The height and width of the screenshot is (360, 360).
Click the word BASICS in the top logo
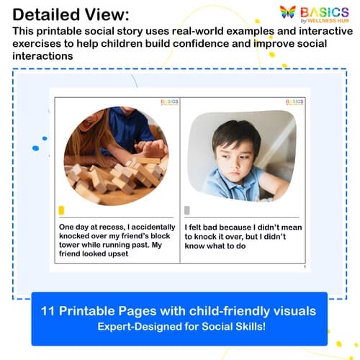click(x=325, y=12)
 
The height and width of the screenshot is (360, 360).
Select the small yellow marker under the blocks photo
click(x=61, y=210)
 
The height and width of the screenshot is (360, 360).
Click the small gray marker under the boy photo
click(x=187, y=210)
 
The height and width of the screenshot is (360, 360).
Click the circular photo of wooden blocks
click(x=115, y=156)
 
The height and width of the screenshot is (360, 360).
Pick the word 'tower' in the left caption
click(x=73, y=244)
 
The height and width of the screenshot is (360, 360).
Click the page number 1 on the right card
click(x=305, y=267)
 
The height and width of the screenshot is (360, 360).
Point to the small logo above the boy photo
click(x=293, y=102)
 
